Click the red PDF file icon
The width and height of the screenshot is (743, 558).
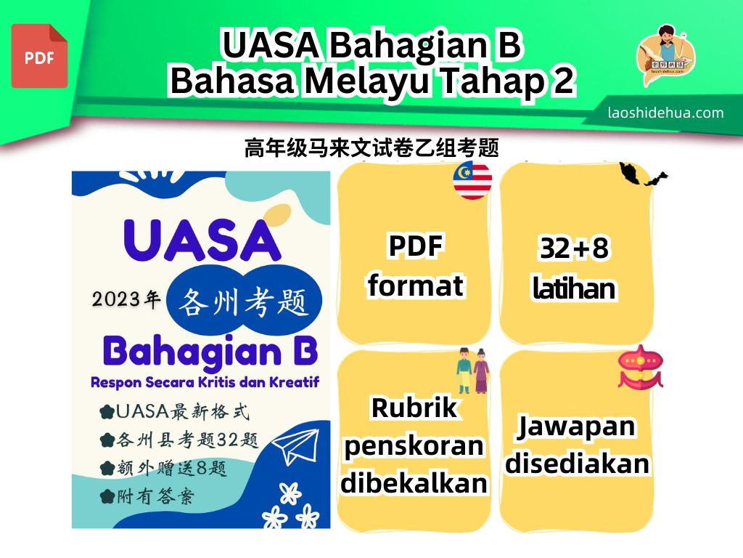[x=39, y=56]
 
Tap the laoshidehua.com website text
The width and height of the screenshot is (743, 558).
[x=666, y=113]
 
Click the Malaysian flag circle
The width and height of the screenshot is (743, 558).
[x=472, y=180]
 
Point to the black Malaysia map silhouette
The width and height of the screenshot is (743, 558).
[x=643, y=174]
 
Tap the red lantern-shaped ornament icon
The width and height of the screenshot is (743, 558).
[x=640, y=367]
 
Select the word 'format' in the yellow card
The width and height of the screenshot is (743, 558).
[x=416, y=286]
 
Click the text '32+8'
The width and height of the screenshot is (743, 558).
[x=575, y=248]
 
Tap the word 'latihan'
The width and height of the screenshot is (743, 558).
[x=574, y=288]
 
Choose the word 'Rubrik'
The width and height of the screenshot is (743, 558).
[x=414, y=408]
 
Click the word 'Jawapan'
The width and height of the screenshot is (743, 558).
[x=575, y=426]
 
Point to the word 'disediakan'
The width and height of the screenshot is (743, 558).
[x=577, y=463]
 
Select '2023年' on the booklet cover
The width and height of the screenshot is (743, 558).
[x=126, y=299]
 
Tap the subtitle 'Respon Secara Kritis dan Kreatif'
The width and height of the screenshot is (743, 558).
[x=205, y=382]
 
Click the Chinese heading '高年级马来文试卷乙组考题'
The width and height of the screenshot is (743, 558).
[x=371, y=147]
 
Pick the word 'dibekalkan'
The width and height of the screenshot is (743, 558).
[x=414, y=482]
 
